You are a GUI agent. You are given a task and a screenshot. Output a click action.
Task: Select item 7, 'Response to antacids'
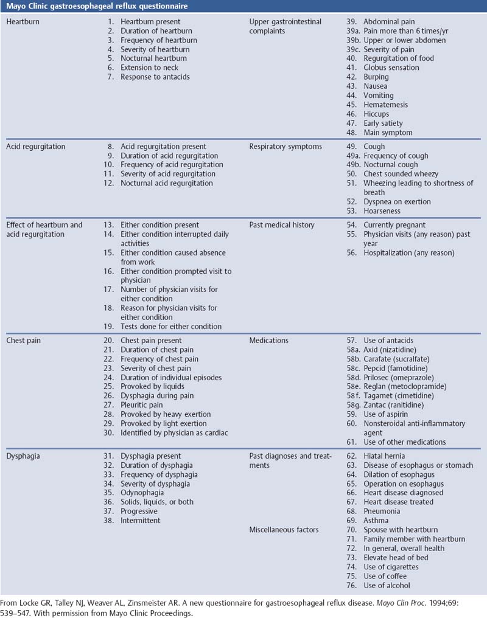pyautogui.click(x=155, y=77)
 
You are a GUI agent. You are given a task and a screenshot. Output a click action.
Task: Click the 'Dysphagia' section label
pyautogui.click(x=24, y=456)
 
